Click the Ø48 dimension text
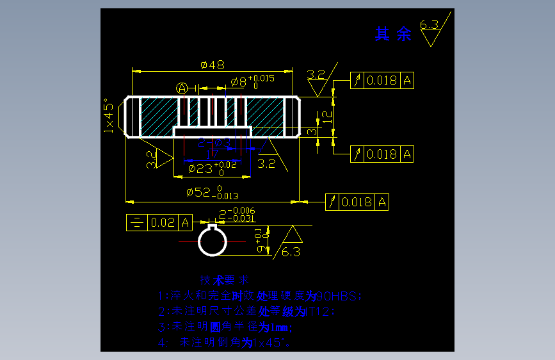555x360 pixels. click(212, 65)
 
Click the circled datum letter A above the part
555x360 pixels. click(182, 87)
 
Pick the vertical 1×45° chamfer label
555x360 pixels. click(109, 116)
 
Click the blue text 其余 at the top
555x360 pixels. click(393, 35)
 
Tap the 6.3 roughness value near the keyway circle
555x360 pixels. click(291, 252)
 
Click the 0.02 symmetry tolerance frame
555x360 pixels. click(160, 222)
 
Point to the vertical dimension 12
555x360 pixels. click(326, 116)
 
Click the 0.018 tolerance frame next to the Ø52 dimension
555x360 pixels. click(357, 202)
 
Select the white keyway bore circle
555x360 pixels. click(212, 241)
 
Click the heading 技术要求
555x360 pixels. click(224, 281)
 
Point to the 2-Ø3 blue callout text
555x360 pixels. click(214, 142)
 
